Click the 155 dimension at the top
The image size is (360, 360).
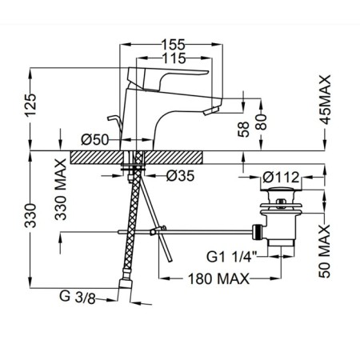(173, 45)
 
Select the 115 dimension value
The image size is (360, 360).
(174, 58)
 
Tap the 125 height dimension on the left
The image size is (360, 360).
(30, 105)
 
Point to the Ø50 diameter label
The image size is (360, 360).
(95, 139)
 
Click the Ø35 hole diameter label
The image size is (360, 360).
(181, 176)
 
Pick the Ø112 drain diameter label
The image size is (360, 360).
(281, 178)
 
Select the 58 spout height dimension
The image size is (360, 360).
(243, 130)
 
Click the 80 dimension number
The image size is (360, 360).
(261, 122)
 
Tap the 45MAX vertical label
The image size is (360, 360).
(325, 100)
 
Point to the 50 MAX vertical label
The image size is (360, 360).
(325, 251)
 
